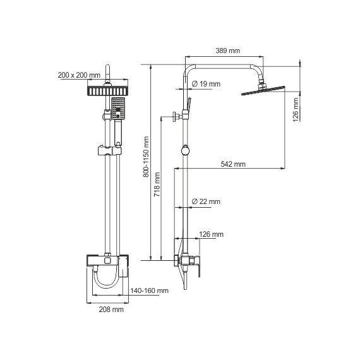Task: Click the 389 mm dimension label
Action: tap(228, 51)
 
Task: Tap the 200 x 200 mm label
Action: tap(79, 75)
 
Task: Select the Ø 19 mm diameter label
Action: tap(206, 84)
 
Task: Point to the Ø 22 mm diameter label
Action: tap(206, 201)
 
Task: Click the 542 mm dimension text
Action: tap(233, 164)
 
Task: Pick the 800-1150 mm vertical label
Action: tap(146, 157)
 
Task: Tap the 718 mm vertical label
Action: tap(157, 184)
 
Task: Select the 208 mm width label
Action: tap(111, 309)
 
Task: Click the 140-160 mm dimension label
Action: tap(149, 291)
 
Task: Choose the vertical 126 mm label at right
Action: tap(296, 110)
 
